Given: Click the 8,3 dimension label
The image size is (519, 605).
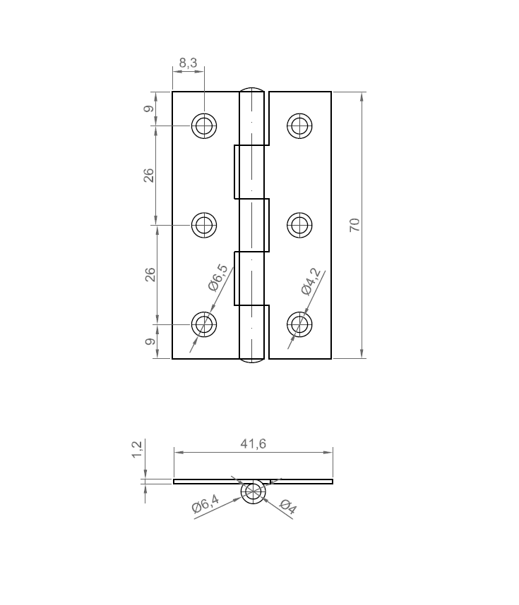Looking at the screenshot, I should tap(188, 63).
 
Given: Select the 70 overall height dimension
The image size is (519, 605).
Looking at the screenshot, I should tap(354, 225).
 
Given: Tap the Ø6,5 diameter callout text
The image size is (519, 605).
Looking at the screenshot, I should tap(219, 279).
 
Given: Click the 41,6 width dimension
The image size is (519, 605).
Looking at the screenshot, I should tap(253, 444).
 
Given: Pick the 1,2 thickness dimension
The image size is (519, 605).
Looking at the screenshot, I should tap(138, 450).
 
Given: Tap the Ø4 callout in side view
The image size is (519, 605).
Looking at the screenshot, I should tap(288, 506).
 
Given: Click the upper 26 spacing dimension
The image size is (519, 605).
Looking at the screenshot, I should tap(149, 176).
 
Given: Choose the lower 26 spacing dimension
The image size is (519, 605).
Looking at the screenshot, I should tap(149, 274).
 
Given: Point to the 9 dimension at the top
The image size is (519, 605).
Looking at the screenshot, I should tap(148, 109).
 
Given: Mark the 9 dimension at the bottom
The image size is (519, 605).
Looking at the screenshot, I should tap(148, 342).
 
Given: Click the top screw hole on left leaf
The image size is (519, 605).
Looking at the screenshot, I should tap(205, 126).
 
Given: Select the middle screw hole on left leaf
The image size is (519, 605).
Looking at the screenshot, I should tap(205, 225).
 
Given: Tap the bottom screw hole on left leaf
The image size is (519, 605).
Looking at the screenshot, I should tap(205, 324).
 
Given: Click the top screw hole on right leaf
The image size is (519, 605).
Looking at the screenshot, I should tap(299, 126).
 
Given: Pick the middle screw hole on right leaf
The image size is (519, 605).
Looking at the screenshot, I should tap(299, 225).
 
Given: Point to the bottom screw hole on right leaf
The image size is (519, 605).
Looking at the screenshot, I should tap(299, 324).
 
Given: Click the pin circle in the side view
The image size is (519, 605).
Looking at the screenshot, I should tap(253, 491).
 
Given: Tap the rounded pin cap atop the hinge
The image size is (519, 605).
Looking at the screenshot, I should tap(253, 90).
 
